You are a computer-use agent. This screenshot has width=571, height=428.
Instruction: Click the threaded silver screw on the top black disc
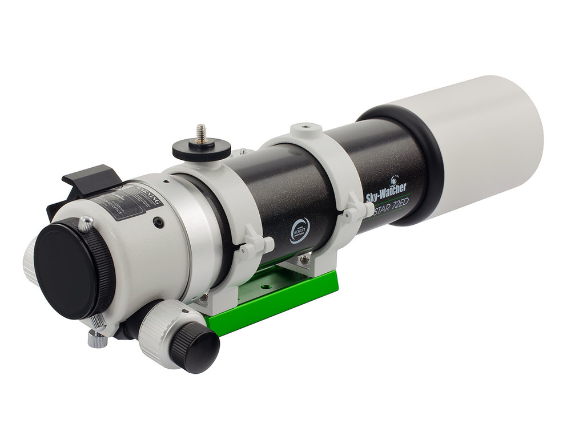point(201,132)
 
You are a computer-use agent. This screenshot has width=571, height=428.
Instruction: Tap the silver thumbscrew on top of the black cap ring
point(86,223)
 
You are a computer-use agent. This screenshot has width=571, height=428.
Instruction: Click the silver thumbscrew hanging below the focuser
point(98,339)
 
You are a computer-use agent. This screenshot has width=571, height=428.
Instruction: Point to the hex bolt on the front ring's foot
point(304,259)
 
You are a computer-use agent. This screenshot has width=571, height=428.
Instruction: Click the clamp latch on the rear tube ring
point(255,246)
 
